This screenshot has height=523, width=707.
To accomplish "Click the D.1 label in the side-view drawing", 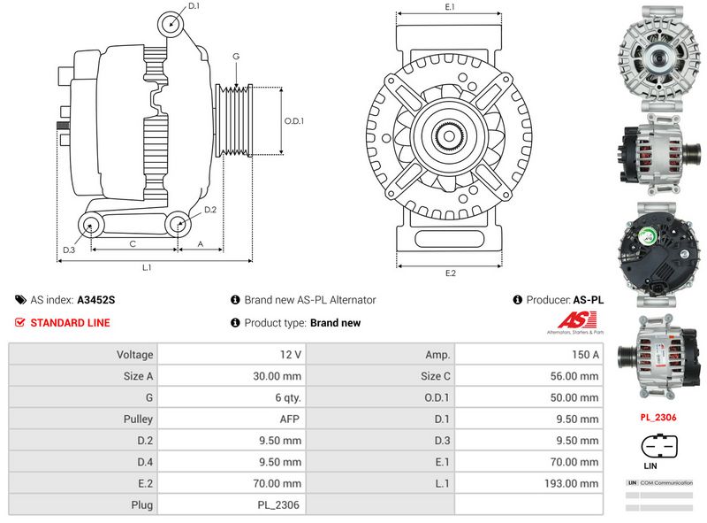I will pyautogui.click(x=194, y=6).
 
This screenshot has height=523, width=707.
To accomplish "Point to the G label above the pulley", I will pyautogui.click(x=236, y=57).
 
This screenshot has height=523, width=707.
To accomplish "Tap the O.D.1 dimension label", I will pyautogui.click(x=293, y=121).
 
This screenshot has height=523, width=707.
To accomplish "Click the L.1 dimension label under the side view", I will pyautogui.click(x=148, y=267).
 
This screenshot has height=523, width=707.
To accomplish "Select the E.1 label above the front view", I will pyautogui.click(x=450, y=7).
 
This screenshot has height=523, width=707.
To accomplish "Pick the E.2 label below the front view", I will pyautogui.click(x=450, y=273).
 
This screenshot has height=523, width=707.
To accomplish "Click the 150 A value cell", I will pyautogui.click(x=584, y=355).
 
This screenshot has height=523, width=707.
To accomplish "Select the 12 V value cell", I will pyautogui.click(x=291, y=355).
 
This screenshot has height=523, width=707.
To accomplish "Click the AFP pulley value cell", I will pyautogui.click(x=291, y=419).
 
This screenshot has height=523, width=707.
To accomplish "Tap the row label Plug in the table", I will pyautogui.click(x=142, y=504).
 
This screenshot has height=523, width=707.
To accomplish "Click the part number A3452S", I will pyautogui.click(x=96, y=300).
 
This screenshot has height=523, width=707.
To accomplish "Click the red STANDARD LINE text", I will pyautogui.click(x=70, y=323).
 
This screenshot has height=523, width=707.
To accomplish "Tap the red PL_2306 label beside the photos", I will pyautogui.click(x=658, y=417).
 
